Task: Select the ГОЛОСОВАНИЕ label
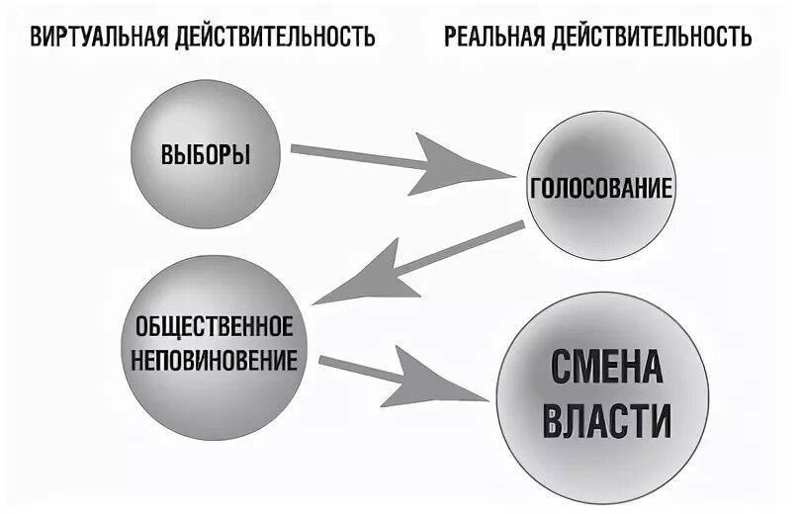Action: (x=601, y=188)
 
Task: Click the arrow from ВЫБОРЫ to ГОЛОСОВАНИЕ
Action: (x=396, y=160)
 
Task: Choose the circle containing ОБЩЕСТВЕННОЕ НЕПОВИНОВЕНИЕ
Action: (x=213, y=405)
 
